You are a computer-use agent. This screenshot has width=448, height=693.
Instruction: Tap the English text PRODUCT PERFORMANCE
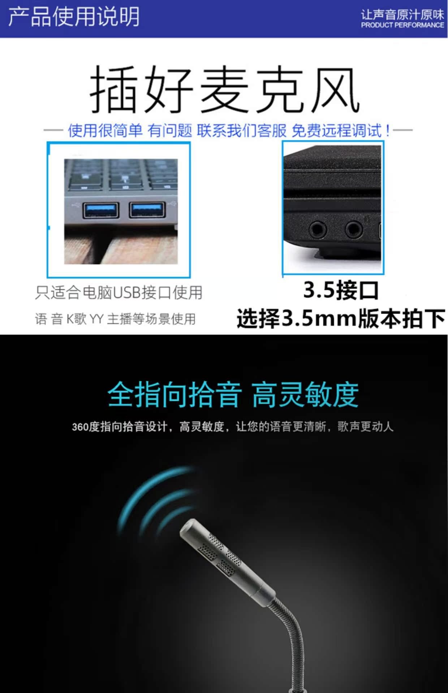point(402,25)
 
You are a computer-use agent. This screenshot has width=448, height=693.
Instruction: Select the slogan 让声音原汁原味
point(402,15)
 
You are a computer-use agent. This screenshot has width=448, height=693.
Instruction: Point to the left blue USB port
point(101,210)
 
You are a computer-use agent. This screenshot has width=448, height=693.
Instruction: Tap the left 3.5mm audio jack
point(318,229)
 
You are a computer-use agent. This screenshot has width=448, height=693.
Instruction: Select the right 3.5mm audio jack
point(354,229)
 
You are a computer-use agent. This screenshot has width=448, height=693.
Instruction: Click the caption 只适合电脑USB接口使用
point(119,292)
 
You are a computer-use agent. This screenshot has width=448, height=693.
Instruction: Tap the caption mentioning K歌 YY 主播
point(115,319)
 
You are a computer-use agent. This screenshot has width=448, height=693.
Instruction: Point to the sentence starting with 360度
point(232,427)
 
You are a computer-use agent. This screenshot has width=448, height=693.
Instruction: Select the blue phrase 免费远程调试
point(337,130)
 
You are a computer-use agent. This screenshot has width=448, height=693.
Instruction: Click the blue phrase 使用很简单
point(105,130)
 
